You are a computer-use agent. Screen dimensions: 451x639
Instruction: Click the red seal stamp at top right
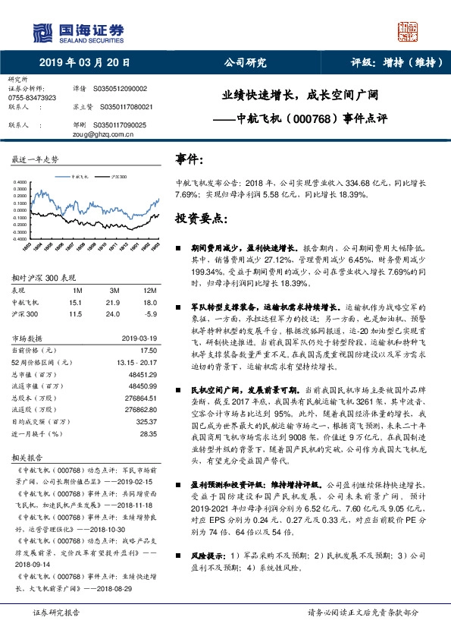tap(410, 30)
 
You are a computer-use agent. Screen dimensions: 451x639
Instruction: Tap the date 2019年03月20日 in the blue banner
tap(84, 63)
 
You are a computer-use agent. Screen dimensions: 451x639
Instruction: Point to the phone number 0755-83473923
tap(31, 98)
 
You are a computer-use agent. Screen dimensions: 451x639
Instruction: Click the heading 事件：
tap(189, 159)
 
